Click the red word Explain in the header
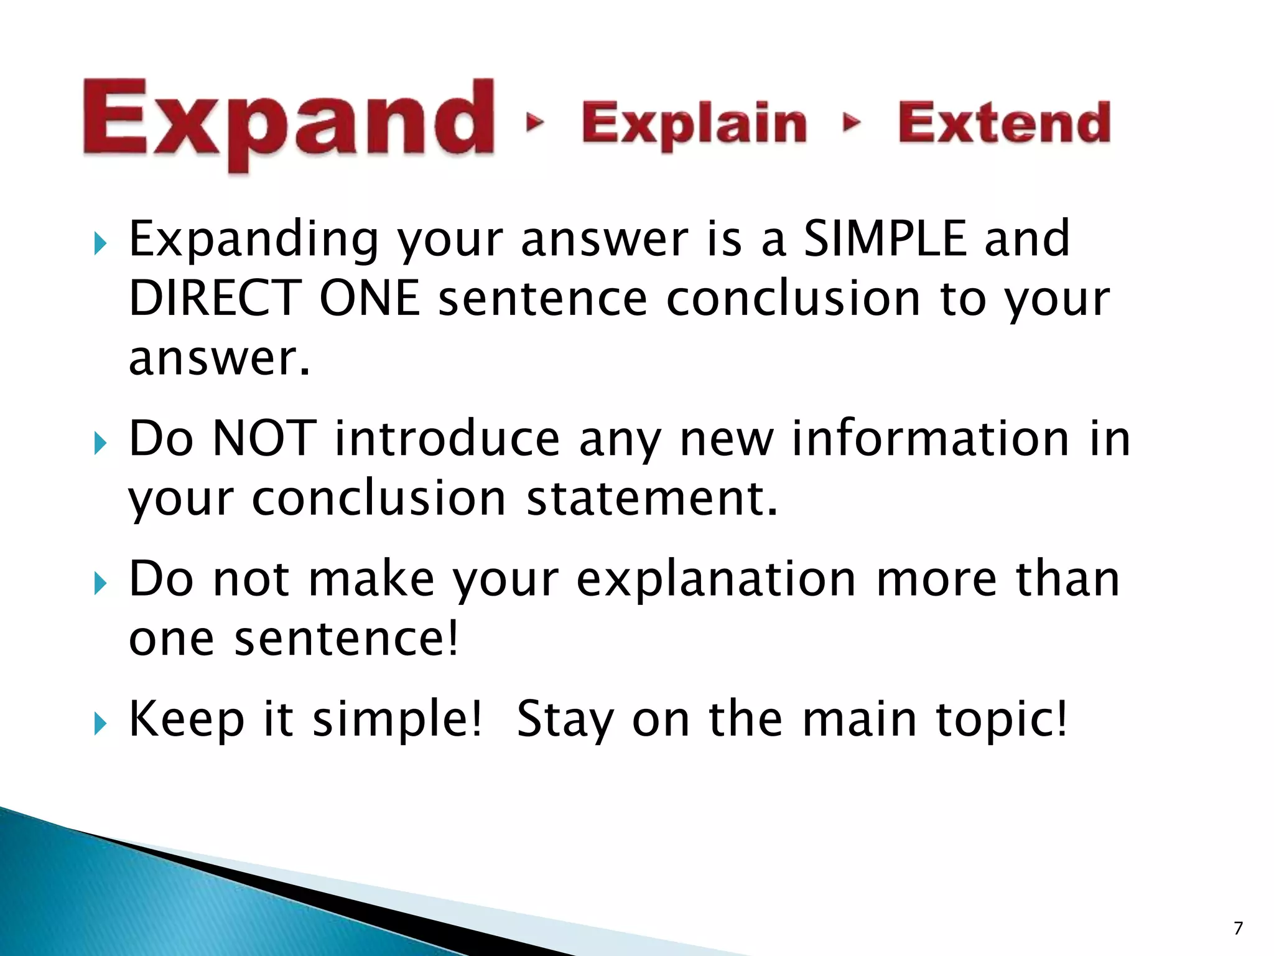click(694, 124)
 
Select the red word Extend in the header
click(1004, 123)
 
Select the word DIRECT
click(215, 298)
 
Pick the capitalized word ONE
click(370, 298)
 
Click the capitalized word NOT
click(264, 439)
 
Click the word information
click(930, 439)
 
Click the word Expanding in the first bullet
click(253, 240)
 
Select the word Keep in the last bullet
click(186, 719)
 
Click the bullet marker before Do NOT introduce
click(100, 443)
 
